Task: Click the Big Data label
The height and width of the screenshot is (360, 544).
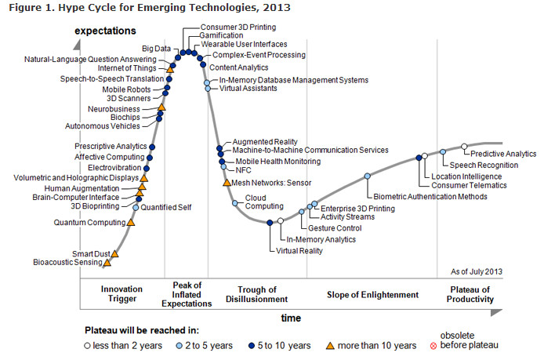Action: pos(157,48)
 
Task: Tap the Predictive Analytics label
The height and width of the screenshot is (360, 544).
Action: pos(503,154)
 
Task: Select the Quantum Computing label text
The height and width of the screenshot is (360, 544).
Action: pos(88,223)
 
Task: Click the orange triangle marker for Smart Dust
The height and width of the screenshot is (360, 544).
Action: pos(115,253)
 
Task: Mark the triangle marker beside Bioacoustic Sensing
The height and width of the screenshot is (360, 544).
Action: pos(107,263)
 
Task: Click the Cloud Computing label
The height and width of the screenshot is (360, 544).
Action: pos(256,202)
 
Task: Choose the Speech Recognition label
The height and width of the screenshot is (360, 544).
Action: pos(484,165)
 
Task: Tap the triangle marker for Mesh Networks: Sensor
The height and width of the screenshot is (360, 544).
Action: pos(226,183)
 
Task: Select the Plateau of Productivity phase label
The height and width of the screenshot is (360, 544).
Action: pos(470,294)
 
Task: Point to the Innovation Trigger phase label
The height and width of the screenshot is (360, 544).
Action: pos(122,294)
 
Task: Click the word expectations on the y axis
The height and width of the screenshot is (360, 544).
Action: pos(106,31)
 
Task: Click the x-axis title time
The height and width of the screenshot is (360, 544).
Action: pos(291,318)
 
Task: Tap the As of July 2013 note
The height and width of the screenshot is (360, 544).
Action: pos(477,271)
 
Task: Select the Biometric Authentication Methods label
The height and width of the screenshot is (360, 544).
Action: pos(430,197)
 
